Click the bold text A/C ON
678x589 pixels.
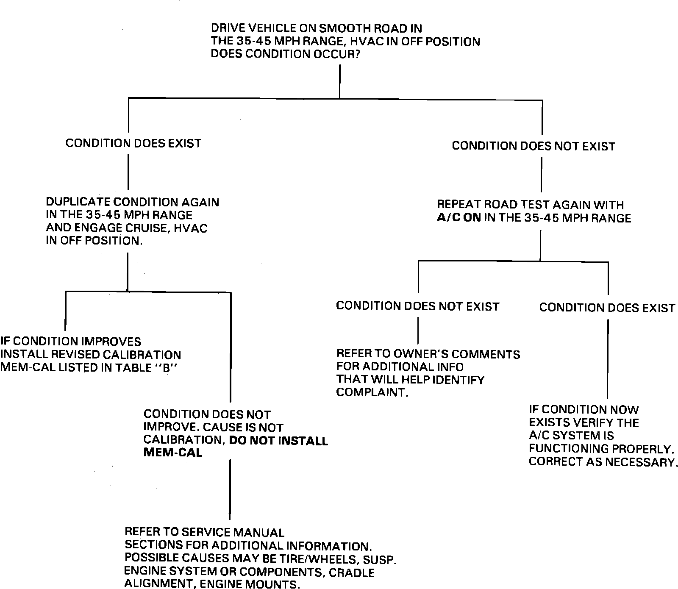click(x=459, y=218)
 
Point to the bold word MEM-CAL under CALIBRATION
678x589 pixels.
click(x=173, y=453)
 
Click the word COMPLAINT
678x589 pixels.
click(x=372, y=392)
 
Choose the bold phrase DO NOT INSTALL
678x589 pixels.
click(x=278, y=441)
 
